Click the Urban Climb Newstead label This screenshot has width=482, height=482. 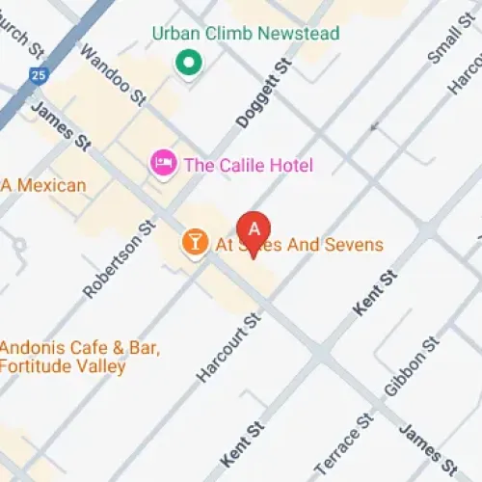(246, 35)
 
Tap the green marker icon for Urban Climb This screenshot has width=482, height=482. (187, 64)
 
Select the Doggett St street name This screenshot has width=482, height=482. (262, 95)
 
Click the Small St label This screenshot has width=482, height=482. (444, 39)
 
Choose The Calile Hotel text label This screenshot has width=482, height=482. (249, 165)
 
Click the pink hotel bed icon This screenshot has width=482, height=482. (162, 163)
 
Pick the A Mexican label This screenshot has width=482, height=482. (43, 185)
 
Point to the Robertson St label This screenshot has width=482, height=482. (119, 258)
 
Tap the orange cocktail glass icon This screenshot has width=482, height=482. (195, 243)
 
